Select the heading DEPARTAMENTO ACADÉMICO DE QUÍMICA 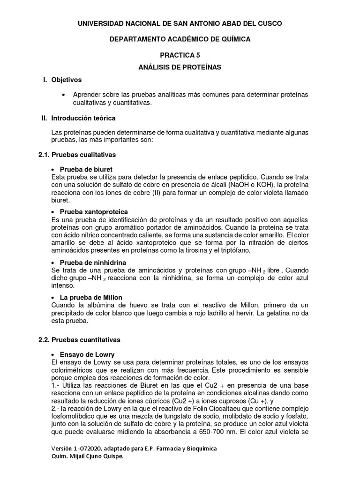click(x=180, y=39)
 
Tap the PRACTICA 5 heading click(x=180, y=55)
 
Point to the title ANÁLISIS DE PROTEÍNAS click(x=180, y=67)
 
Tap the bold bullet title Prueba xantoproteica click(x=94, y=212)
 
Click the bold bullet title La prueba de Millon click(x=91, y=298)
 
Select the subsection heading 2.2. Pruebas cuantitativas click(x=79, y=339)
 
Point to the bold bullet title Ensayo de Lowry click(x=87, y=354)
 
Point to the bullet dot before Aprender click(x=64, y=95)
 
